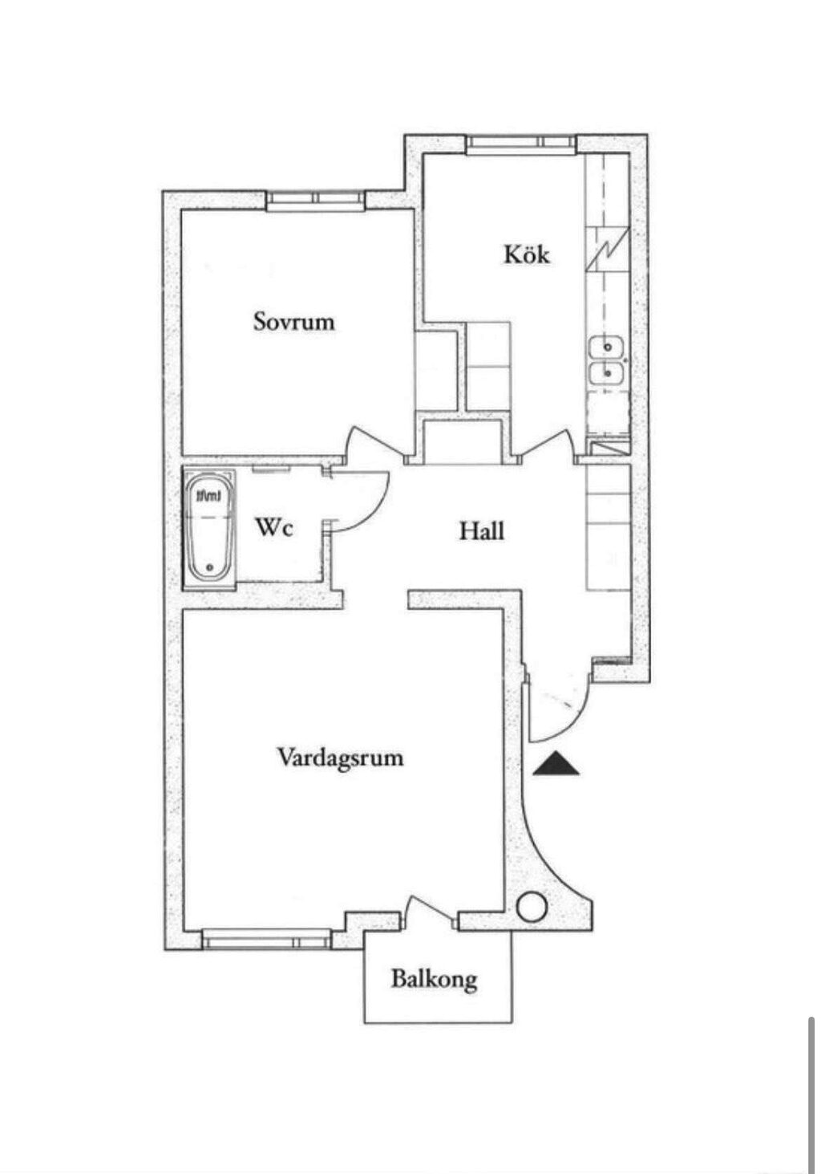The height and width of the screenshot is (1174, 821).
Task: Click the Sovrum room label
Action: click(293, 321)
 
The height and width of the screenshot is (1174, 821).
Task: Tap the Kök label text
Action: click(526, 254)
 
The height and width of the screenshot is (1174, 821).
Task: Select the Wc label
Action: click(274, 527)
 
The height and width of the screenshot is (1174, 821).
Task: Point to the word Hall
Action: click(482, 531)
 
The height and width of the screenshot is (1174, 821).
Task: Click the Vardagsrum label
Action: click(340, 758)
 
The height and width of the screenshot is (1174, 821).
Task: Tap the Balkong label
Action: click(434, 979)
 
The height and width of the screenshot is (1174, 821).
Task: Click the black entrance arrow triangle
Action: click(556, 763)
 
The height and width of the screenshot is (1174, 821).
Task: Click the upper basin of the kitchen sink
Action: click(607, 347)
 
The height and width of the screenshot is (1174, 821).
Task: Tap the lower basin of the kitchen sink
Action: click(607, 373)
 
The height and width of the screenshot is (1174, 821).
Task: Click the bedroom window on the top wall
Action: click(315, 201)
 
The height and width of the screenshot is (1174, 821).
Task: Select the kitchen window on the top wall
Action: click(521, 144)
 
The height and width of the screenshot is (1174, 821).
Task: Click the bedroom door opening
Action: click(375, 445)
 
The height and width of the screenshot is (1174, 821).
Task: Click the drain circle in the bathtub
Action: click(210, 567)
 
